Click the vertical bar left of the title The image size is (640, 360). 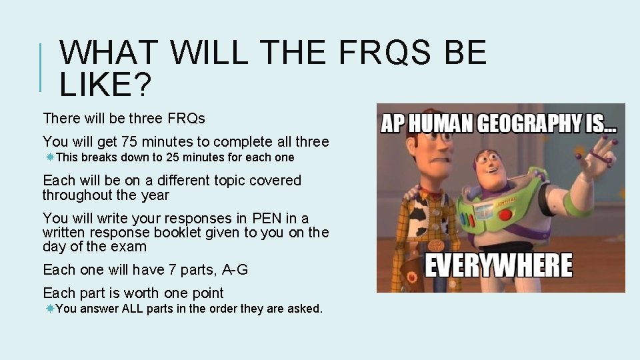42,67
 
